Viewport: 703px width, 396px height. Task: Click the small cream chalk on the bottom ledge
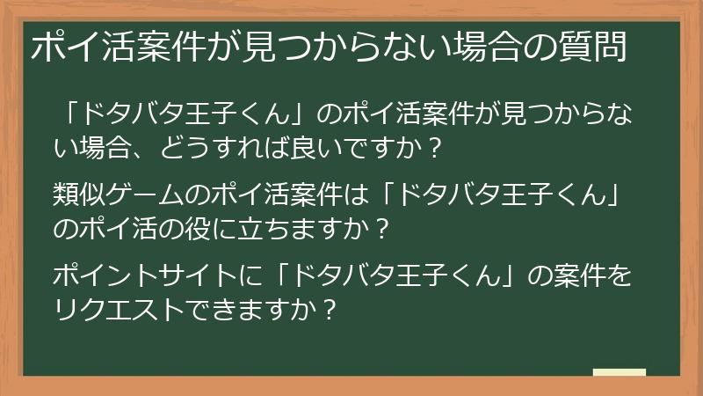pyautogui.click(x=619, y=374)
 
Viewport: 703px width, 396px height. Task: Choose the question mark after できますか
pyautogui.click(x=327, y=309)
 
